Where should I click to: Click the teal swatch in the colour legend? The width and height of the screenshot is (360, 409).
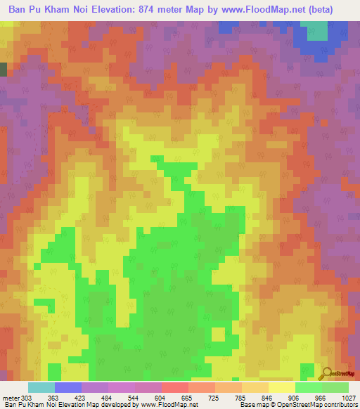tap(41, 387)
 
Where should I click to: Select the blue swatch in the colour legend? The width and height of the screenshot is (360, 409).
tap(68, 387)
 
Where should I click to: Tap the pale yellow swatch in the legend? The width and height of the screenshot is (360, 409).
tap(281, 387)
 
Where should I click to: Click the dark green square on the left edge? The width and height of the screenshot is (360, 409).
tap(3, 69)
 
